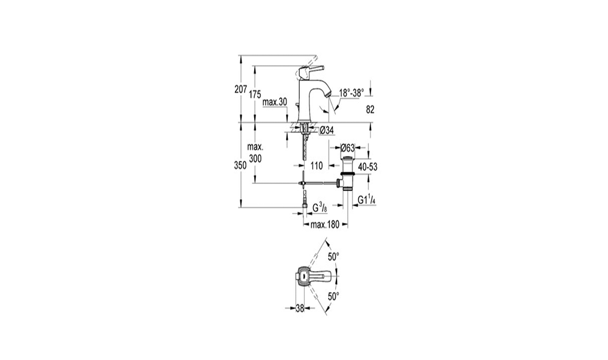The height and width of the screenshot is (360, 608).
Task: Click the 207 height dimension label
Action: pos(241,89)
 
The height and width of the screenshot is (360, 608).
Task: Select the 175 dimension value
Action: pos(255,94)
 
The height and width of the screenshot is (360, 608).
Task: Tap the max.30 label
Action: pos(275,102)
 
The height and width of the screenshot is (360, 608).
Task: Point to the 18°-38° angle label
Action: pos(352,93)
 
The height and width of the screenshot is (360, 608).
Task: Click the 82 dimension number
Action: pos(371,110)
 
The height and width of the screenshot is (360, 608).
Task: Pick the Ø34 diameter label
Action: pos(327,131)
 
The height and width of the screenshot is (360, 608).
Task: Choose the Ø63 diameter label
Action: pos(348,148)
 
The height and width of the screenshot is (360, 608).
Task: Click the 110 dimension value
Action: pos(317,166)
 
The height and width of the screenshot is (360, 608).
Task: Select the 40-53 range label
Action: pos(368,167)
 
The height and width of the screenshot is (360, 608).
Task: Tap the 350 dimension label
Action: pos(240,165)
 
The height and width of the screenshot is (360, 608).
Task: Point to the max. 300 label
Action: pos(255,153)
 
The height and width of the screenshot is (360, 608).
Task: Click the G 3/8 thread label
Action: pos(320,208)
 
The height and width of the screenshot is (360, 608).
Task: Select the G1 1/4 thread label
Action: pos(366,200)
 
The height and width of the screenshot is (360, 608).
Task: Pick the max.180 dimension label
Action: pos(325,224)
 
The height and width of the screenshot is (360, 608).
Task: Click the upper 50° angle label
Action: pos(333,256)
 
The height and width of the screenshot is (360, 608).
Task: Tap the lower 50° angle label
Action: pos(333,297)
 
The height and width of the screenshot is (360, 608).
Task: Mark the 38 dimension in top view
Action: pos(300,308)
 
